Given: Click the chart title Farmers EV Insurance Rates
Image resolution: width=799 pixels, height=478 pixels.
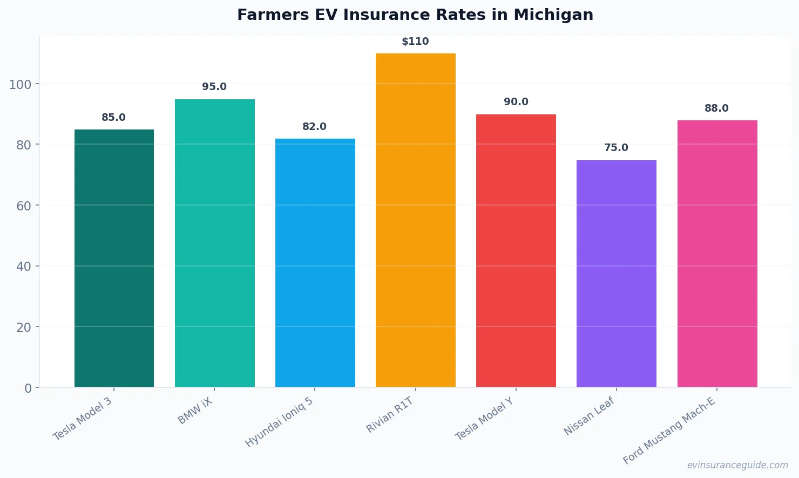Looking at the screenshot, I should [x=415, y=15].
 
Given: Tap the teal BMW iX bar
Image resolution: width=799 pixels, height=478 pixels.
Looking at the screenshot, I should [x=214, y=243].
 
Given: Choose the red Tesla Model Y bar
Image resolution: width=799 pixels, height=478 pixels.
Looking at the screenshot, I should [x=516, y=250].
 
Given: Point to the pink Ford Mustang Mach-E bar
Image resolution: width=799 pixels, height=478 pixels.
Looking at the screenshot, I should [x=717, y=254].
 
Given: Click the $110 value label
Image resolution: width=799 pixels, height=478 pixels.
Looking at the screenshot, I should [x=415, y=42].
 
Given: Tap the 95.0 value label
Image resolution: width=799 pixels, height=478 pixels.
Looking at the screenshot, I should [x=214, y=87].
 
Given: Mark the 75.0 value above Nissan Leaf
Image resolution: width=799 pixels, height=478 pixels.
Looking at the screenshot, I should [x=616, y=148].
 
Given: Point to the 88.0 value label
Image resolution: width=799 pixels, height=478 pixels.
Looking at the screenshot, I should [x=716, y=108].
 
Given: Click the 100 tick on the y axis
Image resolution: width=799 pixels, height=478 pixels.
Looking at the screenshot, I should [x=20, y=85].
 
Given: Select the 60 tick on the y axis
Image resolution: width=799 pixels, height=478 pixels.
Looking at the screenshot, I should [x=23, y=206].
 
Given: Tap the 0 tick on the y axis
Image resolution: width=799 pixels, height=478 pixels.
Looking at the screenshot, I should [x=28, y=388].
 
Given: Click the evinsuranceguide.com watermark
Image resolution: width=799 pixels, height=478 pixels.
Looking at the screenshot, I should [x=737, y=465].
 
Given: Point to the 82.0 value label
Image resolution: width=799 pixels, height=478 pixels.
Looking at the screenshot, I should [x=314, y=127].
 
